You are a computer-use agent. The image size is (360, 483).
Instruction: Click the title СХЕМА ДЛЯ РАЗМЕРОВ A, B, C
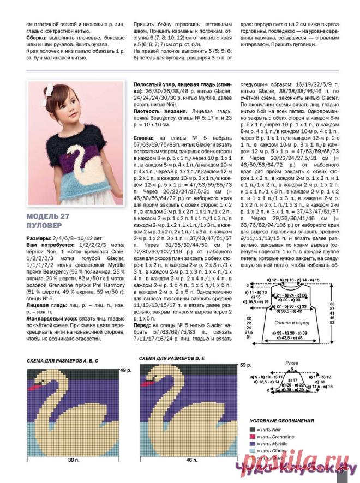pyautogui.click(x=66, y=361)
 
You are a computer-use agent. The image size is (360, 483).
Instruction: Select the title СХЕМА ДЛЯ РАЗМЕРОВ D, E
pyautogui.click(x=173, y=358)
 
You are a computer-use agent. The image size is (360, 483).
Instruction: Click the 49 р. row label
pyautogui.click(x=127, y=371)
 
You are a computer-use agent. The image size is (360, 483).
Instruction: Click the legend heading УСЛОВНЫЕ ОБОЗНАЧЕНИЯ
pyautogui.click(x=281, y=421)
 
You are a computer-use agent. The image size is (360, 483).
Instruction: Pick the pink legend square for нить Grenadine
pyautogui.click(x=253, y=437)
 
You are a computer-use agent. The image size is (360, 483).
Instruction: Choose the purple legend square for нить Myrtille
pyautogui.click(x=253, y=444)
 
